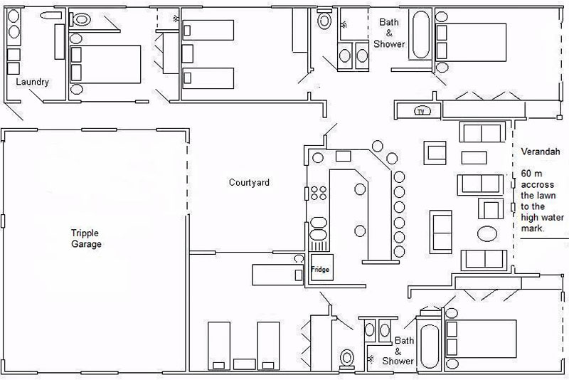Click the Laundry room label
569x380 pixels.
tap(33, 82)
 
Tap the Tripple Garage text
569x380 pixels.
tap(86, 238)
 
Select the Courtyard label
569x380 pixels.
tap(249, 183)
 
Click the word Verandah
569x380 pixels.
tap(541, 152)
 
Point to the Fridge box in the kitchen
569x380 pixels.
tap(319, 270)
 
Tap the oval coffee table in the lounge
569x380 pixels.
tap(489, 234)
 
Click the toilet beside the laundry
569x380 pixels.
tap(82, 19)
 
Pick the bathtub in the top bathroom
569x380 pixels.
tap(422, 35)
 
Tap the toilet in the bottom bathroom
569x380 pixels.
tap(348, 357)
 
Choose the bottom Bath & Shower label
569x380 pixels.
tap(404, 351)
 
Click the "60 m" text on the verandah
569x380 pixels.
tap(531, 174)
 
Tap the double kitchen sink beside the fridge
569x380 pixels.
tap(319, 238)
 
